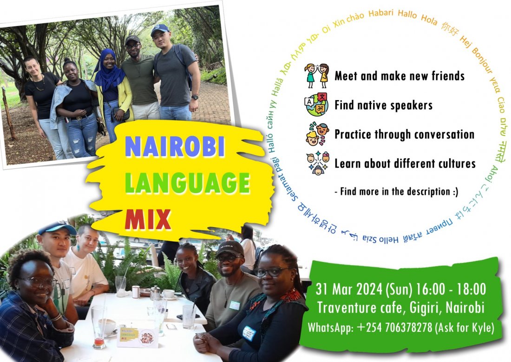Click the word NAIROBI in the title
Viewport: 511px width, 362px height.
point(175,147)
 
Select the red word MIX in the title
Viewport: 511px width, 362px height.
point(148,219)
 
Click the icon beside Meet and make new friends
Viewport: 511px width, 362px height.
point(317,75)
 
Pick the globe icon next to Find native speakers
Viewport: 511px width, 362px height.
point(317,105)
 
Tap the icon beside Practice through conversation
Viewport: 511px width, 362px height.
point(317,134)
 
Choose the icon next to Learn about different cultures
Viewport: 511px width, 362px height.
point(317,163)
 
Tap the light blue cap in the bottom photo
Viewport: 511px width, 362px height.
point(57,228)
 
